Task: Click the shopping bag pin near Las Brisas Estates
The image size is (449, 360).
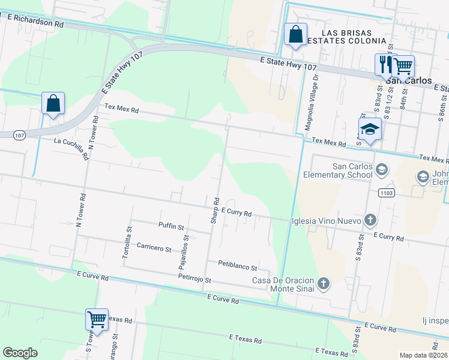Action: (295, 35)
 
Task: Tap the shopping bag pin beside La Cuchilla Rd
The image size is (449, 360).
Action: (53, 103)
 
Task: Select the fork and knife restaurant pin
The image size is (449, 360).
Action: (385, 64)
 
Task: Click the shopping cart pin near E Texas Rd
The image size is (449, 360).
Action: (97, 319)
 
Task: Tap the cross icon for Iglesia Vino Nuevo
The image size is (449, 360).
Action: (370, 220)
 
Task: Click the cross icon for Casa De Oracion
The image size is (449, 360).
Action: (324, 283)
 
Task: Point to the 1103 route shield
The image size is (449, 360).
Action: (386, 193)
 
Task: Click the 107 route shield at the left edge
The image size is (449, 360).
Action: (19, 135)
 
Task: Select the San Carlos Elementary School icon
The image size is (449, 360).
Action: (381, 170)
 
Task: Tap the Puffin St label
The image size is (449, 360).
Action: (171, 227)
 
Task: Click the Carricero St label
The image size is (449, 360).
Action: (154, 248)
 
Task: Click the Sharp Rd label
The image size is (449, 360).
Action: (215, 211)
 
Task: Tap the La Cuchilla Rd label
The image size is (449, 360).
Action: (71, 147)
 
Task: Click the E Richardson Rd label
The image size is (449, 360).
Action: (36, 20)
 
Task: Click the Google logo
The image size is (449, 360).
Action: (20, 353)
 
